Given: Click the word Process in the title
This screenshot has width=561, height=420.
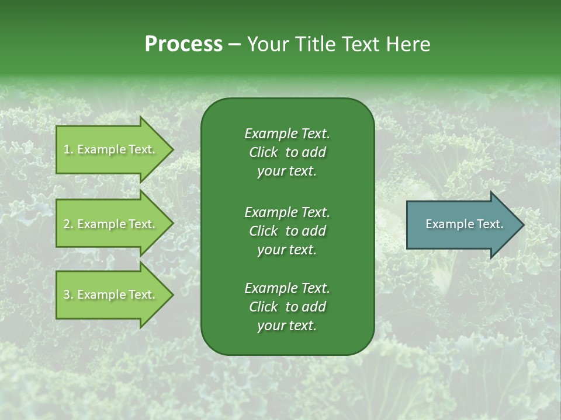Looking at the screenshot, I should tap(183, 44).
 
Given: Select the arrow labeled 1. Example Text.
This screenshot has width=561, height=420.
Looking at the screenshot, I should tap(111, 149).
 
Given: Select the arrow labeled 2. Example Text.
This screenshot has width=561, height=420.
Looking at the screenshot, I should tap(111, 224).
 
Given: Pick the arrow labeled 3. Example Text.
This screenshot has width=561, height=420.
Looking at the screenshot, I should tap(111, 295).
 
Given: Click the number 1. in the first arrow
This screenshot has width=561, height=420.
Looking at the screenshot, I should tap(68, 149).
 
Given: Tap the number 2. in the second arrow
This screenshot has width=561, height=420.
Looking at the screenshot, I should tap(68, 224).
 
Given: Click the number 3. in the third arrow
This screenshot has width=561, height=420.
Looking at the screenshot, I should tap(68, 295).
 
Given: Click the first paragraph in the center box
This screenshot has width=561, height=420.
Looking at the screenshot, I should tap(287, 152).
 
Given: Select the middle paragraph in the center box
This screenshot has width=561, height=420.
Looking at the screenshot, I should tap(287, 230).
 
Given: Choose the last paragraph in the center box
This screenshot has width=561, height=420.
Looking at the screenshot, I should tap(287, 307).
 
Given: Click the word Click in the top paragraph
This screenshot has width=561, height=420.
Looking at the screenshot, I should tap(264, 152).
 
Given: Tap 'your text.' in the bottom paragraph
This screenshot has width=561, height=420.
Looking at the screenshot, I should tap(287, 326).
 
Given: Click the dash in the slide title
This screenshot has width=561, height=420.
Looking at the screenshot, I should tap(234, 44).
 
